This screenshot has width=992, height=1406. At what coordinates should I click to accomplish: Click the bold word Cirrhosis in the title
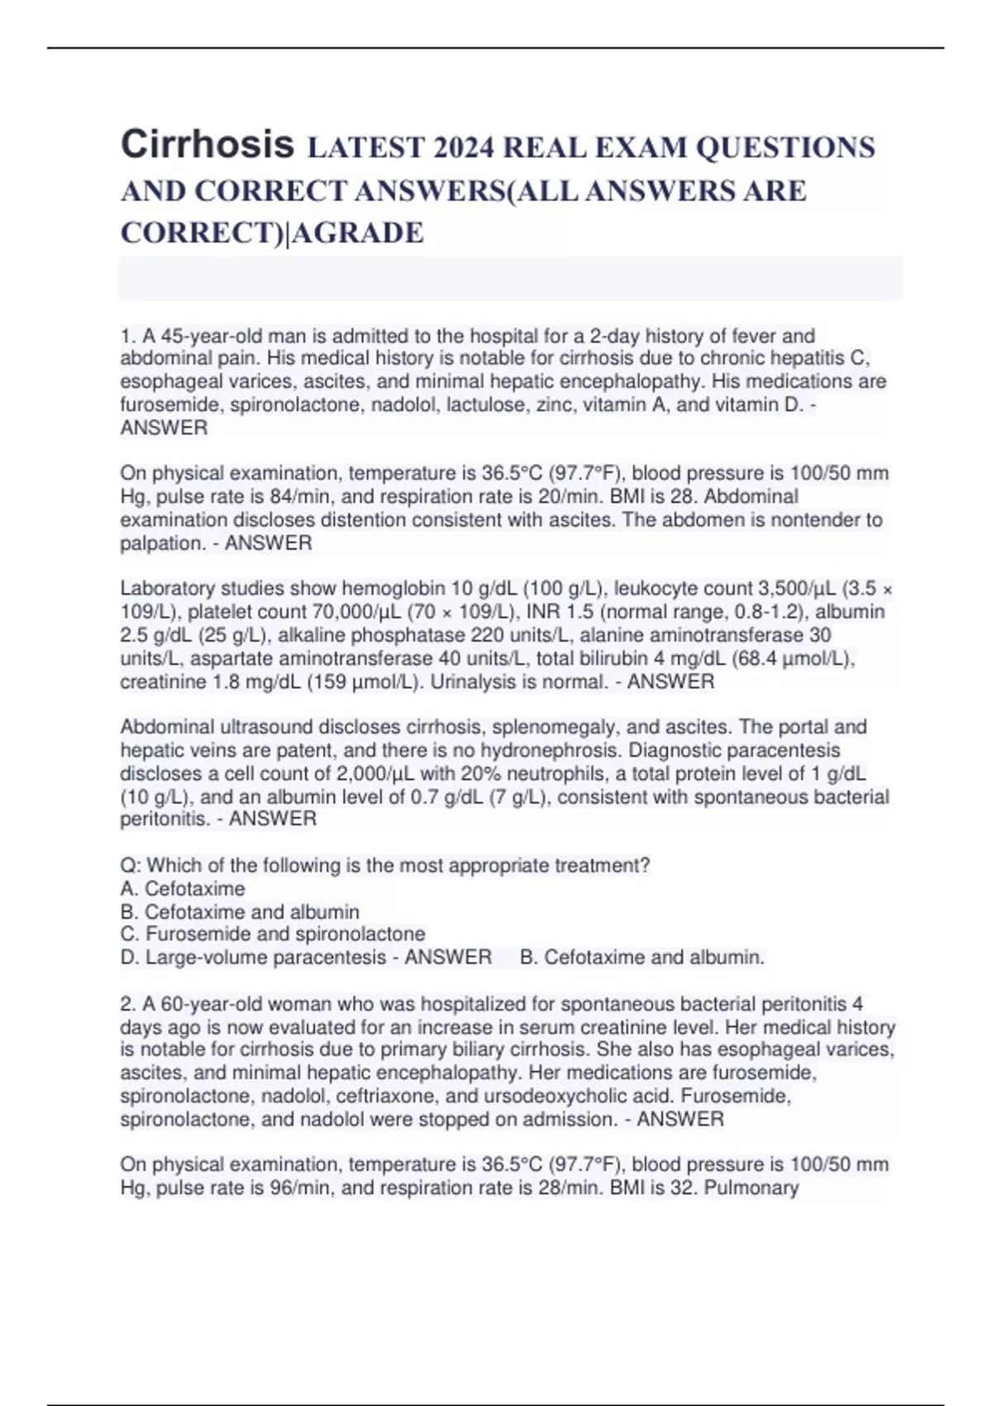coord(207,145)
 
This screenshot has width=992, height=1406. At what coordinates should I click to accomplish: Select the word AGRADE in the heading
coord(358,233)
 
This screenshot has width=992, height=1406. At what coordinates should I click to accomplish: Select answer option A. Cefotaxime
coord(183,889)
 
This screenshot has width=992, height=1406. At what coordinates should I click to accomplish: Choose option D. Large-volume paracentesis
coord(253,958)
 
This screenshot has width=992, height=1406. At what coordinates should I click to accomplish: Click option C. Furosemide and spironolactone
coord(273,935)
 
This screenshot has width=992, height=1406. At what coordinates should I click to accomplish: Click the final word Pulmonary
coord(751,1188)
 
